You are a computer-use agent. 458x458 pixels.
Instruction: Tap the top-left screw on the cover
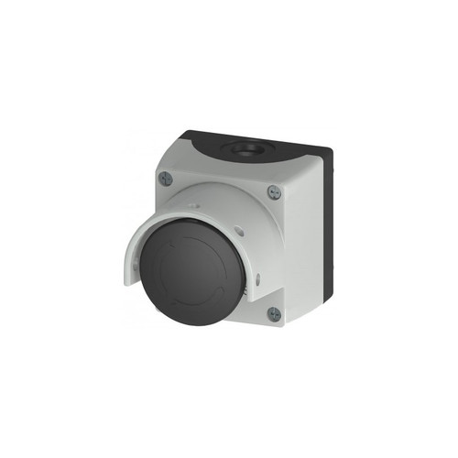click(x=165, y=179)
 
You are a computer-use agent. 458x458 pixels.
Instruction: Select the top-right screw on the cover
click(x=274, y=192)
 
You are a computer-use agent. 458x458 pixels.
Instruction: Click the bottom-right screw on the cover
click(x=274, y=313)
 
